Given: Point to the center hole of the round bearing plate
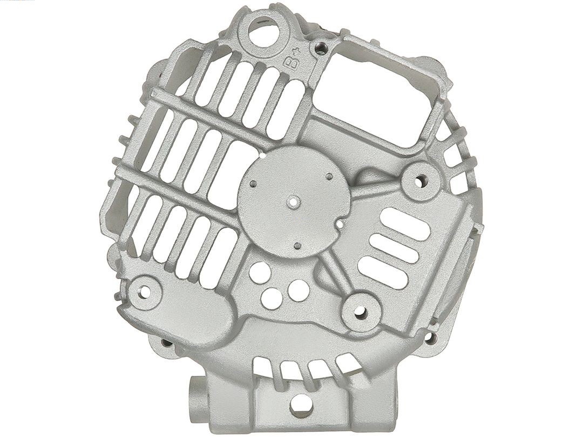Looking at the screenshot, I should [293, 203].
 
